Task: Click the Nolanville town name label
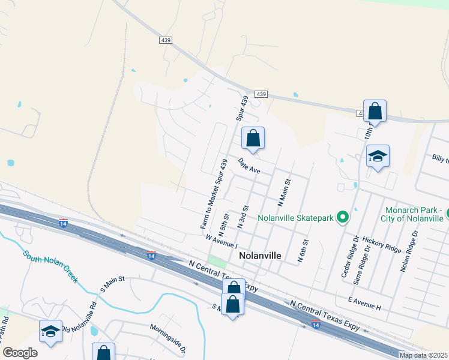(260, 255)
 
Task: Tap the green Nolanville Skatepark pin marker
(343, 217)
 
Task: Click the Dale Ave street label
(249, 166)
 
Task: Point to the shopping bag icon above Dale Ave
(253, 138)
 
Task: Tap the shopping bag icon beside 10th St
(375, 111)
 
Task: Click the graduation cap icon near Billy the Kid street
(378, 157)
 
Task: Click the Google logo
(20, 353)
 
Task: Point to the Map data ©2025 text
(423, 355)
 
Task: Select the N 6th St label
(303, 251)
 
